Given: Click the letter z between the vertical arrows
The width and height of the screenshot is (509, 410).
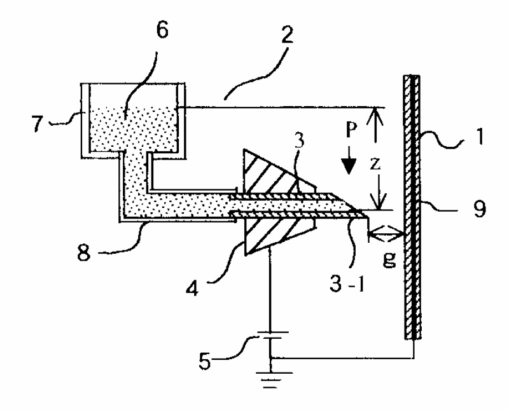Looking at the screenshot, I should click(x=375, y=164).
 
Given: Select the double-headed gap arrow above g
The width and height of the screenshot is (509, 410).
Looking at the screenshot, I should click(x=386, y=235).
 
